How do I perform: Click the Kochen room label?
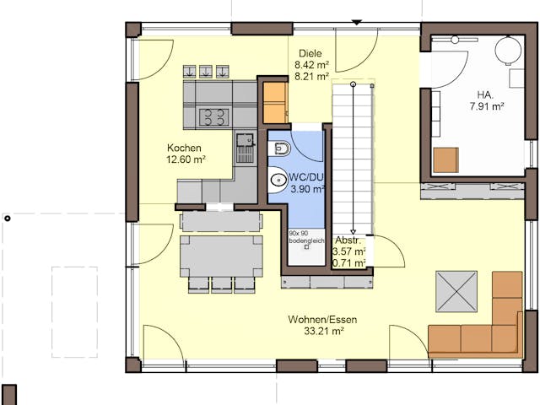pyautogui.click(x=184, y=148)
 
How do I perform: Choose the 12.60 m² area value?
pyautogui.click(x=186, y=159)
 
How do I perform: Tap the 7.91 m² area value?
pyautogui.click(x=487, y=107)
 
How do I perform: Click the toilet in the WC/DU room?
pyautogui.click(x=282, y=149)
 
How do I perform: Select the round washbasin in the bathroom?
pyautogui.click(x=277, y=180)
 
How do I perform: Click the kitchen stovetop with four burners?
pyautogui.click(x=213, y=116)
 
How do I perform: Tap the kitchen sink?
pyautogui.click(x=245, y=147)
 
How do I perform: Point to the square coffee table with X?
pyautogui.click(x=456, y=291)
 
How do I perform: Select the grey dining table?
pyautogui.click(x=221, y=253)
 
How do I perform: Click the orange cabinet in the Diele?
pyautogui.click(x=273, y=102)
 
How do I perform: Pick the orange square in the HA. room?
pyautogui.click(x=445, y=159)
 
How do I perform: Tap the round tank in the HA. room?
pyautogui.click(x=509, y=51)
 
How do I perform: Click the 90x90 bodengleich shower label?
pyautogui.click(x=305, y=237)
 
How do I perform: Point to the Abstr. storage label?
pyautogui.click(x=348, y=240)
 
